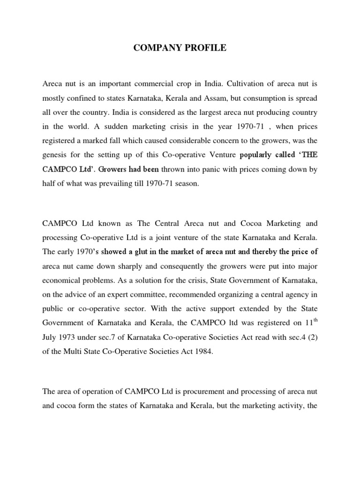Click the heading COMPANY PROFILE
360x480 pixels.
pos(180,48)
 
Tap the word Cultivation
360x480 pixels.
pos(225,84)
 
